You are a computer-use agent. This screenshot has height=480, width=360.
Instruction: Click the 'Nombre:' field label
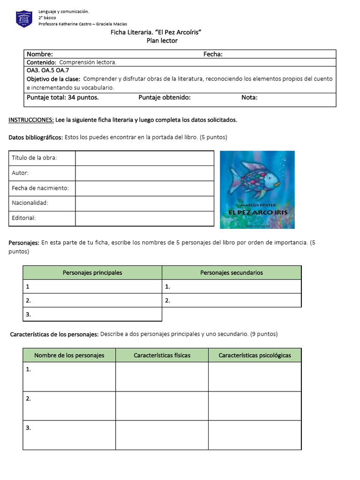click(39, 54)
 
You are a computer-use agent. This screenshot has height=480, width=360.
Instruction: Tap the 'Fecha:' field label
click(213, 54)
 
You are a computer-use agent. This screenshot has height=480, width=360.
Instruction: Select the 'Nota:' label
click(249, 97)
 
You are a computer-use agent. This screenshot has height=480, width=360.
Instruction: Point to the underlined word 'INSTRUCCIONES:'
click(31, 120)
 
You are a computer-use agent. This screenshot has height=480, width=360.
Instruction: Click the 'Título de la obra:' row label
click(34, 158)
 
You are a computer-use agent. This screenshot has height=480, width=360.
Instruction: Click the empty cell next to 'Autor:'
click(144, 173)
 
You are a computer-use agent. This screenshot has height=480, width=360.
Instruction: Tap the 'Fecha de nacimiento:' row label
click(40, 188)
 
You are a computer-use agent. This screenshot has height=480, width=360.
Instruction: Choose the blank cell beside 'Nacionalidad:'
click(144, 203)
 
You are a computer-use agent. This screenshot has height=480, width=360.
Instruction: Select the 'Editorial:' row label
click(24, 218)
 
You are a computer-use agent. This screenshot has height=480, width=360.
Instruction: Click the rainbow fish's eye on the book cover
click(269, 177)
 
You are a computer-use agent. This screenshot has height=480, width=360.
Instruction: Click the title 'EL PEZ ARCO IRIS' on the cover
click(257, 212)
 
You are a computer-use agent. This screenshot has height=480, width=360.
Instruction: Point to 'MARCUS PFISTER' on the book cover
click(257, 205)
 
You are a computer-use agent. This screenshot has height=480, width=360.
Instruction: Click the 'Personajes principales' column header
click(92, 273)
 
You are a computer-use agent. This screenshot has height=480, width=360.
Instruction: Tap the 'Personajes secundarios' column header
click(232, 273)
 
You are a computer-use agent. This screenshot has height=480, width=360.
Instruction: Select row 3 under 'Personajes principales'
click(92, 314)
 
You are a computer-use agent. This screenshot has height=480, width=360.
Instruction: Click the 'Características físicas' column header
click(162, 355)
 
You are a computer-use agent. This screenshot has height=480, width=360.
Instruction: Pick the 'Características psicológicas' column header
click(255, 355)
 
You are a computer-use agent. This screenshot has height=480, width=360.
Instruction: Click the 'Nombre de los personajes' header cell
click(69, 355)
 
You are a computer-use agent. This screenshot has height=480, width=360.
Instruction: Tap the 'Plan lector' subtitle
click(162, 41)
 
